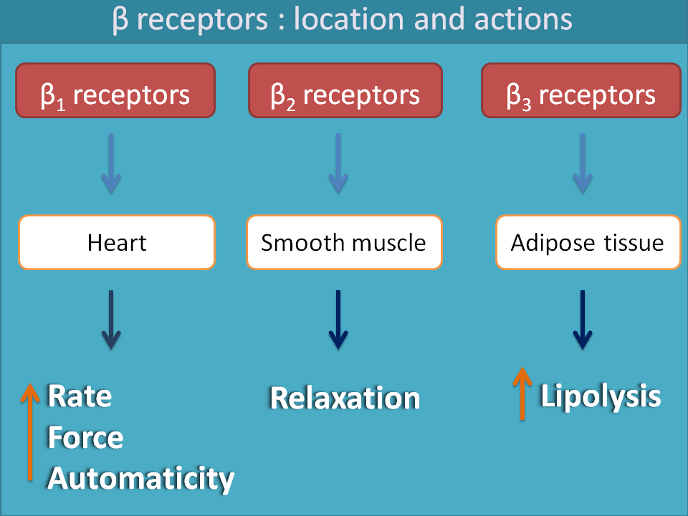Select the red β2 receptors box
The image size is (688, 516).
point(345,90)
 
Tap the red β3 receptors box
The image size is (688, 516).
point(580,90)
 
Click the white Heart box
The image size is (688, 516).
point(117,243)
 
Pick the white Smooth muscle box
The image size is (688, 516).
point(344,243)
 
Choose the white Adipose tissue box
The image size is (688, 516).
point(588,243)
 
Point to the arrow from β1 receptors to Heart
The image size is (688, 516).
point(110,163)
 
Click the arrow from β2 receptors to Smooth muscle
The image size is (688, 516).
point(338,163)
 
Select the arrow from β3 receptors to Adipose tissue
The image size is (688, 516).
point(582,163)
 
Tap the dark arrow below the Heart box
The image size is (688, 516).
point(110,319)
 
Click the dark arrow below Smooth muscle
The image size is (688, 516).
point(338,319)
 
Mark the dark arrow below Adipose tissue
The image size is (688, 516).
point(582,319)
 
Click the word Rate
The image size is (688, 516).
point(80,396)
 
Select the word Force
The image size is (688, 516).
point(85,437)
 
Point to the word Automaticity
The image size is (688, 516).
point(140,478)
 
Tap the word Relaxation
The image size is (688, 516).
point(345,398)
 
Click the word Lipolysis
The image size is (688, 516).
point(601,396)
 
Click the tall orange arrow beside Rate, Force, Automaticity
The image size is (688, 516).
point(29,430)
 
